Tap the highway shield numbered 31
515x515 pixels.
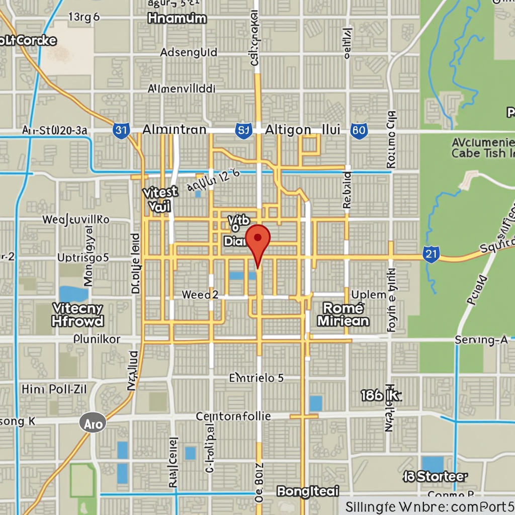[121, 130]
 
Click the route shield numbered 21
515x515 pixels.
[431, 254]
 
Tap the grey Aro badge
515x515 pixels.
[93, 423]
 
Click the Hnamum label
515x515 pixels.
[177, 19]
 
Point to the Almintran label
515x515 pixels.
[174, 130]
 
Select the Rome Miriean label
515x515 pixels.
[343, 315]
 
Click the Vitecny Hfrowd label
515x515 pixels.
[78, 315]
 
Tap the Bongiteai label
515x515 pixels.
[308, 491]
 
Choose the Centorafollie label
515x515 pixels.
[233, 416]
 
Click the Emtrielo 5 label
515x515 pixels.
[256, 378]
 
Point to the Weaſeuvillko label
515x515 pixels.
[75, 220]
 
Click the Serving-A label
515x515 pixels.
[481, 340]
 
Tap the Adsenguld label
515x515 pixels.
[189, 52]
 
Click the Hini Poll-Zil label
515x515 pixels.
[54, 389]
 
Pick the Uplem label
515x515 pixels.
[369, 295]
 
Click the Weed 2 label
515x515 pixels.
[200, 295]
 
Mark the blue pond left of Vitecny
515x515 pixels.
[73, 294]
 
